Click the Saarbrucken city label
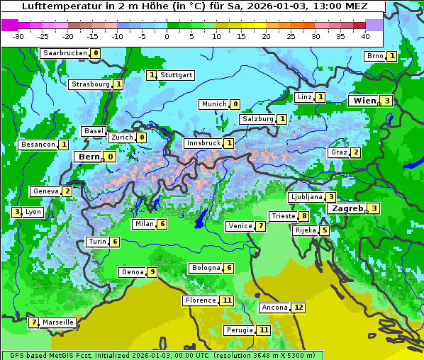point(65,53)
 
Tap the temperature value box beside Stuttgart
point(151,75)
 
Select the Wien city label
point(364,101)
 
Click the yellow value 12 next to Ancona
point(299,308)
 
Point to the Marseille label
point(58,322)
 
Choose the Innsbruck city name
point(203,143)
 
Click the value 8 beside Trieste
point(303,216)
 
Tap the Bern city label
point(89,157)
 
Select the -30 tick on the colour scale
point(18,35)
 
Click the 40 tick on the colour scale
point(365,35)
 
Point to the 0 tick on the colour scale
point(167,35)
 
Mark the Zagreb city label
point(347,208)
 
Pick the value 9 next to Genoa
point(152,272)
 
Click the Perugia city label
point(239,330)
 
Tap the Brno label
point(374,56)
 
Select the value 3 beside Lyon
point(17,211)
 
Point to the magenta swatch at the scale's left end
point(10,25)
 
